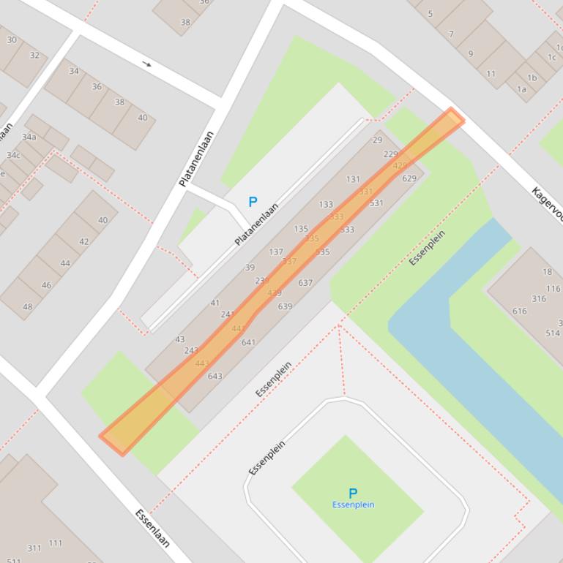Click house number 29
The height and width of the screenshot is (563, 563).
[x=378, y=140]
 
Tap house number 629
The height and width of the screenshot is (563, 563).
[x=409, y=178]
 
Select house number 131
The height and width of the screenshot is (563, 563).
[x=354, y=179]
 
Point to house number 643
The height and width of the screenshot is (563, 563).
[x=215, y=377]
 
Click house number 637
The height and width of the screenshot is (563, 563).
[x=305, y=282]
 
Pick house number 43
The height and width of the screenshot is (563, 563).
[x=180, y=339]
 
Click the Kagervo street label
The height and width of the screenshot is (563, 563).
[x=547, y=204]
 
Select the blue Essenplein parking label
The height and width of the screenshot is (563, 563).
[x=353, y=505]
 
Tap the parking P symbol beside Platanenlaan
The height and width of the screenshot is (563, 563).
[x=253, y=202]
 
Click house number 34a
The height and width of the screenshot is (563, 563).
[x=29, y=137]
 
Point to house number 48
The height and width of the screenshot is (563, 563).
[x=27, y=306]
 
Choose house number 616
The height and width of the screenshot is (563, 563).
[x=519, y=311]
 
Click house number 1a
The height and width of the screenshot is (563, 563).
[x=521, y=89]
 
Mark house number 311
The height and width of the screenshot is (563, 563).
[x=34, y=548]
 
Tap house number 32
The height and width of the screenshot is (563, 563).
[x=34, y=56]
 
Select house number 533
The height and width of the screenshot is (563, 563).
[x=347, y=230]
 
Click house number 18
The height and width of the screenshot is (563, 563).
[x=547, y=271]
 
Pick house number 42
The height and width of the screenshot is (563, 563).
[x=83, y=241]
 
